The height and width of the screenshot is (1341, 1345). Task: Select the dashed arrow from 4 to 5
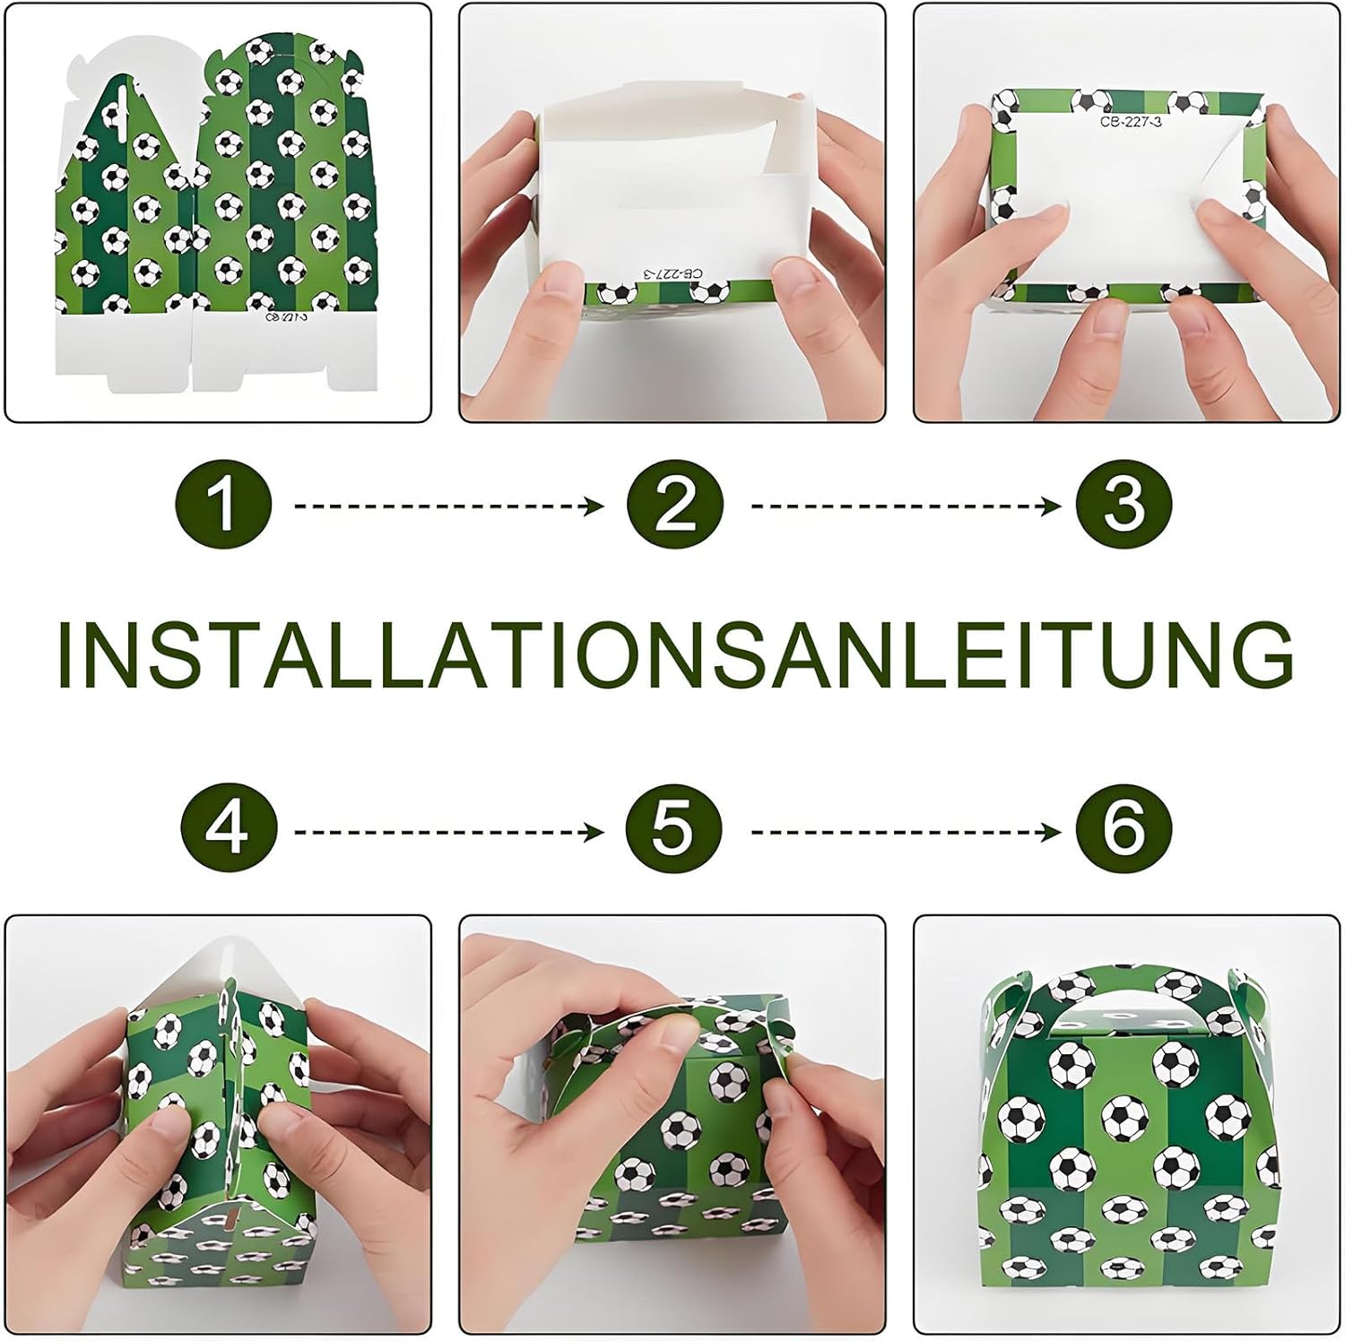[450, 833]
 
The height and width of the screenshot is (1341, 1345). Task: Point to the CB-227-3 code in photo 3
[1131, 122]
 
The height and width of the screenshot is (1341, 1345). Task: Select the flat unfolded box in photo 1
[217, 215]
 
